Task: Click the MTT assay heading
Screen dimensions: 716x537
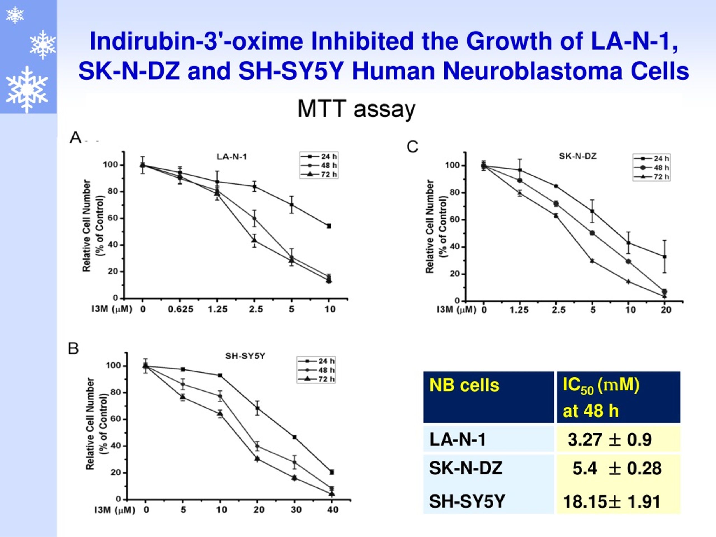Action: coord(356,109)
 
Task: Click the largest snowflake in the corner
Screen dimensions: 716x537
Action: coord(27,89)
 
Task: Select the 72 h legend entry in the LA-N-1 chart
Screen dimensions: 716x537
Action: coord(319,175)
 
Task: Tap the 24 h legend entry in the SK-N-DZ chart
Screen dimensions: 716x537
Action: coord(652,159)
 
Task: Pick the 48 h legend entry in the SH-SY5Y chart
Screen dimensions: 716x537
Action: coord(316,370)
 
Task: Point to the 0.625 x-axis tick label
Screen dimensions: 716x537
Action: coord(181,309)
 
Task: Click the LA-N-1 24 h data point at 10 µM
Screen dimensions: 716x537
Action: coord(329,226)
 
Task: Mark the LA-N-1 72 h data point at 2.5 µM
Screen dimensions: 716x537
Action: coord(255,240)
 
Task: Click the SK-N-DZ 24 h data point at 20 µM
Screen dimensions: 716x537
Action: coord(665,257)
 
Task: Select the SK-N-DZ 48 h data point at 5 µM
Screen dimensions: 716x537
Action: coord(592,233)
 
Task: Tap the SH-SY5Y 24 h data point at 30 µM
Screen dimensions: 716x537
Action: coord(295,437)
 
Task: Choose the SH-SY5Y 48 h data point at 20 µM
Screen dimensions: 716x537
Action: coord(257,446)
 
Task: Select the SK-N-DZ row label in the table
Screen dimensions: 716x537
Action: coord(466,468)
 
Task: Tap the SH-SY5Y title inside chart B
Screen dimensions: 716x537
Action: coord(245,356)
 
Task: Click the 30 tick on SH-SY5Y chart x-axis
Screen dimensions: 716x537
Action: coord(296,510)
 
